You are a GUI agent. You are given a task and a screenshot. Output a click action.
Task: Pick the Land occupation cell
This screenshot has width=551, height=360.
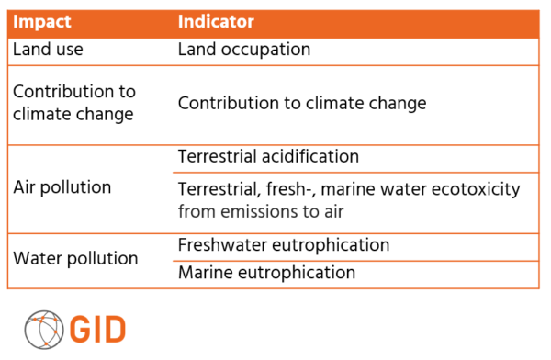point(243,50)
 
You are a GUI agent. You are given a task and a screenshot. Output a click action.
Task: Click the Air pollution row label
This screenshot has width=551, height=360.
point(62,187)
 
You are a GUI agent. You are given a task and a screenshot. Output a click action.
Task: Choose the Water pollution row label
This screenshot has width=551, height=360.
point(75,258)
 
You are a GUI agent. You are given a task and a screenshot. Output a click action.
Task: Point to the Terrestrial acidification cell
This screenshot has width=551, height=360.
point(268,157)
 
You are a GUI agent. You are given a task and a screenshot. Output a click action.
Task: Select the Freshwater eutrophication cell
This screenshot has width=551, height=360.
point(284,245)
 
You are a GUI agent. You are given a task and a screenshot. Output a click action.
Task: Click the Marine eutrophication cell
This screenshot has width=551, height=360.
point(266,273)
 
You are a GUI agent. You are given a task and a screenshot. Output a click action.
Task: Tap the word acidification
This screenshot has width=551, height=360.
point(309,157)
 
